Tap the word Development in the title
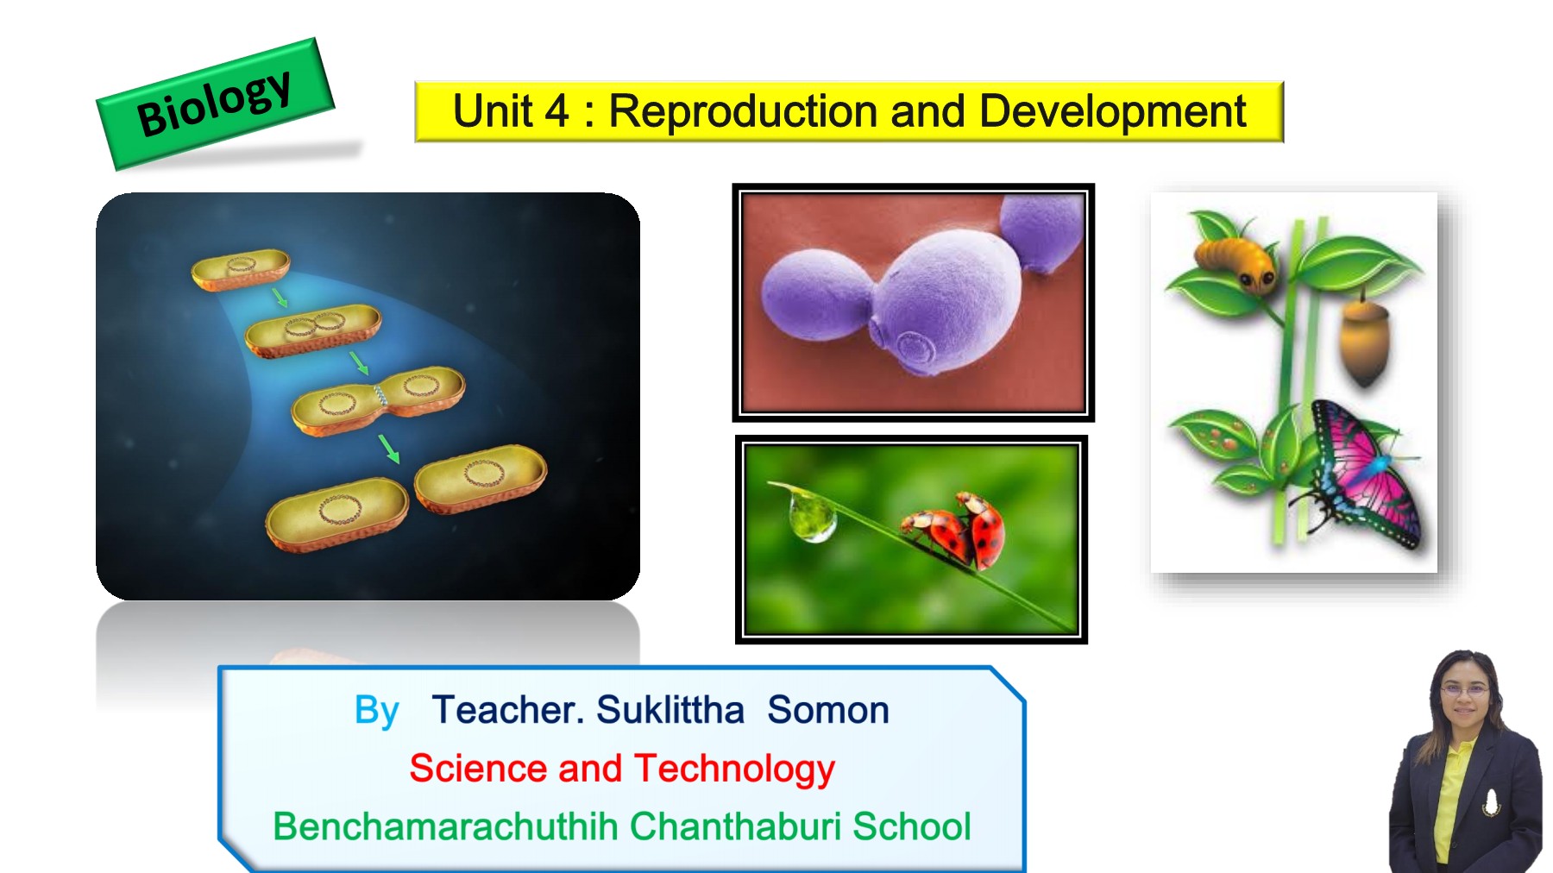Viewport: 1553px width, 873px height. [1112, 111]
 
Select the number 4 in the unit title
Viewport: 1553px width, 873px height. [556, 111]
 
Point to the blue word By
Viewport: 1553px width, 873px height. [376, 711]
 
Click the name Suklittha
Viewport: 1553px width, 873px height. [670, 710]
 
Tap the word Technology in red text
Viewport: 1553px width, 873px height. [734, 769]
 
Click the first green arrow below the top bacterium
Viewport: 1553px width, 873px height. [280, 298]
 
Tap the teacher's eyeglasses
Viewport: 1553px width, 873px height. [1464, 691]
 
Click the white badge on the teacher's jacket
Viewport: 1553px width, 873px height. [1490, 801]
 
